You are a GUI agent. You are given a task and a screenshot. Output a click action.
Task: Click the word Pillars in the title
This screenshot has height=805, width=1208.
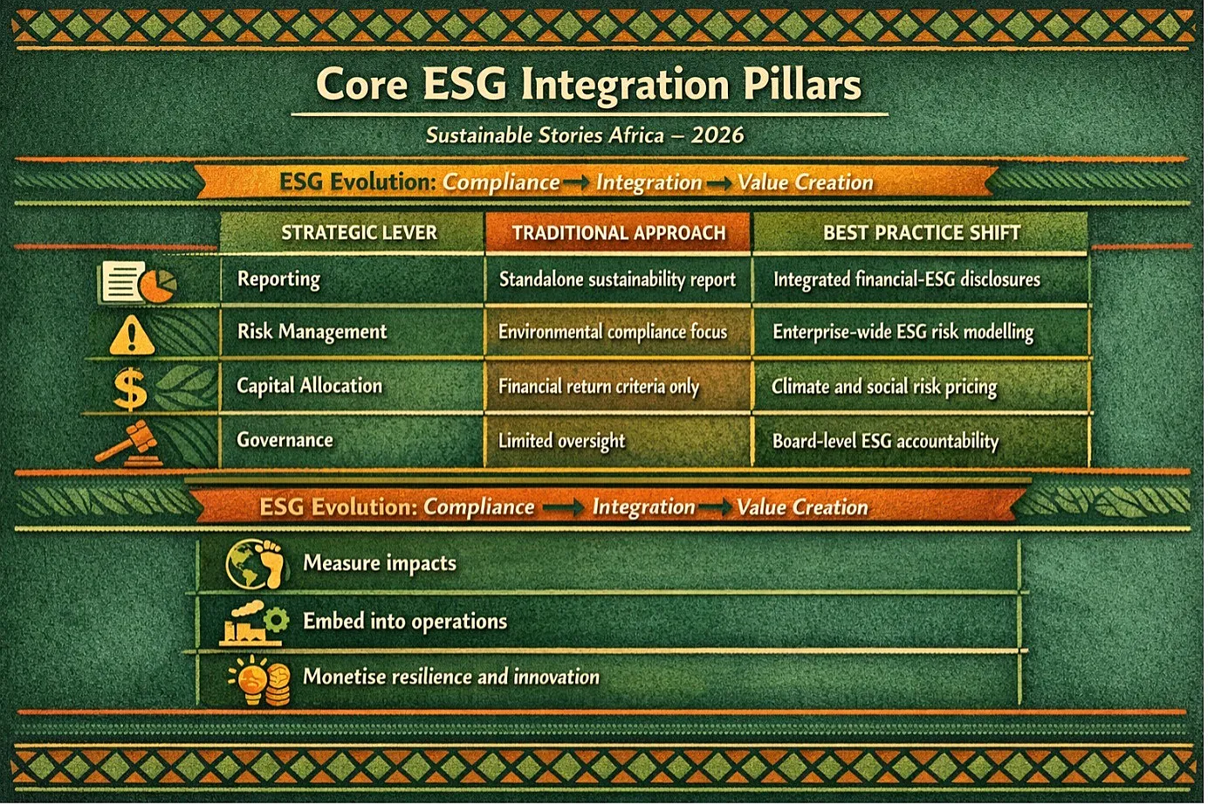pos(802,86)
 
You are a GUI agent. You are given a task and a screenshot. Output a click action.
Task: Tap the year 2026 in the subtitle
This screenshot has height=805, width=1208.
pos(717,134)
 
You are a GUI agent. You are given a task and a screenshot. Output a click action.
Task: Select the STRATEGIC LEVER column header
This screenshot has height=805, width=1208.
pos(359,232)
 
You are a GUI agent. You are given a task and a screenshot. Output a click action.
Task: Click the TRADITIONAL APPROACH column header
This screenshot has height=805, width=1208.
pos(619,233)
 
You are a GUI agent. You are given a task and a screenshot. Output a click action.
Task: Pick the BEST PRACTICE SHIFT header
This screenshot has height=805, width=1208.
pos(922,232)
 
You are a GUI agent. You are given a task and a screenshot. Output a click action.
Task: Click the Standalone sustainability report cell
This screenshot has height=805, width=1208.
pos(617,279)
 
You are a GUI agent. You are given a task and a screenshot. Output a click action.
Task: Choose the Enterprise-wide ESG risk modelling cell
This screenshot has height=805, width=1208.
pos(903,332)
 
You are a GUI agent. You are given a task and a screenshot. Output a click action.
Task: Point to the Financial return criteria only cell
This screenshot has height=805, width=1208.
pos(599,386)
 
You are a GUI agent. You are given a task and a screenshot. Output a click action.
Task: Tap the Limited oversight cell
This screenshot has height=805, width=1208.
pos(561,441)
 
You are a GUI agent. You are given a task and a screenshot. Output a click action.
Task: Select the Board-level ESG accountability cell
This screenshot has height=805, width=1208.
pos(886,441)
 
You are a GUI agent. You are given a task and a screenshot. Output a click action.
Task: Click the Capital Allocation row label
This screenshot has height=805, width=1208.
pos(310,385)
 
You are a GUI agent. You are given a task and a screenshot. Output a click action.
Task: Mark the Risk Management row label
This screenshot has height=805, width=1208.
pos(312,331)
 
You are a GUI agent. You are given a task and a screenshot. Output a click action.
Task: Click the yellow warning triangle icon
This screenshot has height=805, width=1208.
pos(132,335)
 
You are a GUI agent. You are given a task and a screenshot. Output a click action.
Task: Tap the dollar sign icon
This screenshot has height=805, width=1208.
pos(131,389)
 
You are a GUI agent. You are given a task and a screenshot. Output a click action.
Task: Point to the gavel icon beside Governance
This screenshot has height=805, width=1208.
pos(128,444)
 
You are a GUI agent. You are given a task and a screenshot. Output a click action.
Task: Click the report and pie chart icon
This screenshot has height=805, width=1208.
pos(137,281)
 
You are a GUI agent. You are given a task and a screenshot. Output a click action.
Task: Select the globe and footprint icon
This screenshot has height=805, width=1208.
pos(255,564)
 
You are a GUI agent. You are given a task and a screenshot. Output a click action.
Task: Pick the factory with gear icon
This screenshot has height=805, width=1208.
pos(254,623)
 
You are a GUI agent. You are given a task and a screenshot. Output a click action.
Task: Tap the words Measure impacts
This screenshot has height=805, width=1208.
pos(380,563)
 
